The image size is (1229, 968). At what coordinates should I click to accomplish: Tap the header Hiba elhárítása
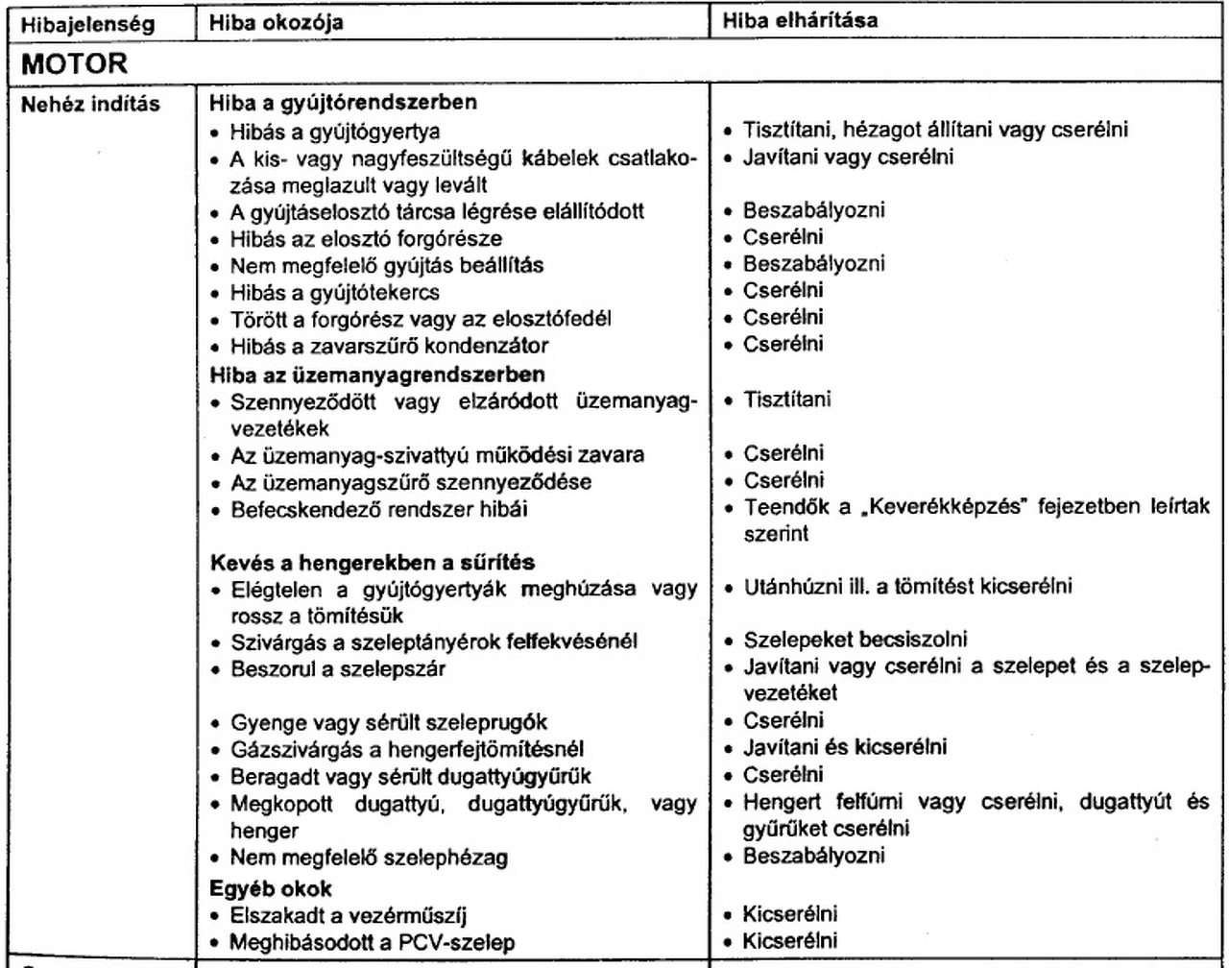[800, 20]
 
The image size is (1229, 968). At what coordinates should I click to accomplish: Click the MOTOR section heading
[75, 65]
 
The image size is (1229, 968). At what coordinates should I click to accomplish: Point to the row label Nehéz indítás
[90, 104]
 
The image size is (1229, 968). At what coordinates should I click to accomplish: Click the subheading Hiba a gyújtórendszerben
[343, 102]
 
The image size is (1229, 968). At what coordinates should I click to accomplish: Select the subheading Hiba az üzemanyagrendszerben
[377, 374]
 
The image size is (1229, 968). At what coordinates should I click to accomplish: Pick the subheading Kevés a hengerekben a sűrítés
[373, 562]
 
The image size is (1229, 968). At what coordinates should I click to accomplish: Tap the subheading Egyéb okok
[271, 888]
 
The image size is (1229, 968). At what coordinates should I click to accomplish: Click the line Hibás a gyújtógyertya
[335, 131]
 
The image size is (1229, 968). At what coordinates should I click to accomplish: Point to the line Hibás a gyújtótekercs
[335, 292]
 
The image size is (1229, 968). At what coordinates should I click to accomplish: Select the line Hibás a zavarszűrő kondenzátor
[389, 346]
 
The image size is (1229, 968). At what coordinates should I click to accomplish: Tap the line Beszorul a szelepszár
[337, 668]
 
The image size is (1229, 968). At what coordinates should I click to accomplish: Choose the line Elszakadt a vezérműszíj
[349, 915]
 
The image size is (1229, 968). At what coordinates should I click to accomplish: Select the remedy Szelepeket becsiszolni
[855, 640]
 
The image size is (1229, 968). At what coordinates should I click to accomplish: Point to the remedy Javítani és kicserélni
[844, 747]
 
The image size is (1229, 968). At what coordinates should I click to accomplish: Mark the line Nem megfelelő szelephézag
[369, 857]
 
